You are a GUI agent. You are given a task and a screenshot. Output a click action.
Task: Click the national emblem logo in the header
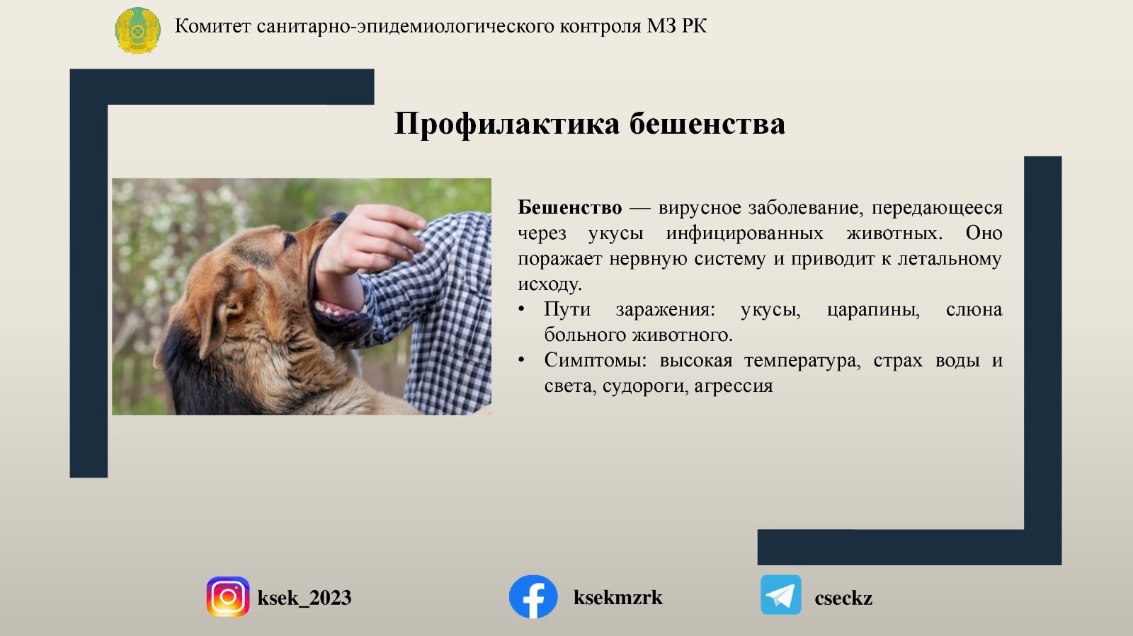tap(137, 30)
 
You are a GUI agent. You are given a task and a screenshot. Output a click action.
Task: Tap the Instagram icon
tap(227, 596)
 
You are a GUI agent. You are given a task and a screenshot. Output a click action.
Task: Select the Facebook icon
tap(533, 596)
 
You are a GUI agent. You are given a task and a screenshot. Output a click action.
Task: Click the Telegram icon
tap(780, 595)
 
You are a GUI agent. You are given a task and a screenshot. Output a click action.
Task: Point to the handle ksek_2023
tap(304, 598)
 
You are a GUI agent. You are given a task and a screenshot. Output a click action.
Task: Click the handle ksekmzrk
tap(617, 598)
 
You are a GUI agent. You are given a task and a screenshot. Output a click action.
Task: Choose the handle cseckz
tap(843, 599)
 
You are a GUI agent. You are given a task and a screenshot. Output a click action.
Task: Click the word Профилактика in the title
tap(506, 124)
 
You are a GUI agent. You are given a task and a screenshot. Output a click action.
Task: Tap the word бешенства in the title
tap(707, 124)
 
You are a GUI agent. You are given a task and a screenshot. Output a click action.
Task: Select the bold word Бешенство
tap(569, 207)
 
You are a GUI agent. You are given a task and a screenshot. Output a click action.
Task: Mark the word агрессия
tap(734, 387)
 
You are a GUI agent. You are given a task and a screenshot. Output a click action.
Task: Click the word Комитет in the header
tap(212, 25)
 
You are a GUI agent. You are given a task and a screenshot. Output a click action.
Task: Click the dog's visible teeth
tap(336, 309)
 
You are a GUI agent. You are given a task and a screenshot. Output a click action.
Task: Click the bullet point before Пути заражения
tap(521, 310)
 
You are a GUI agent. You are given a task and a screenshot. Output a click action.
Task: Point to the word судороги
tap(645, 387)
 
